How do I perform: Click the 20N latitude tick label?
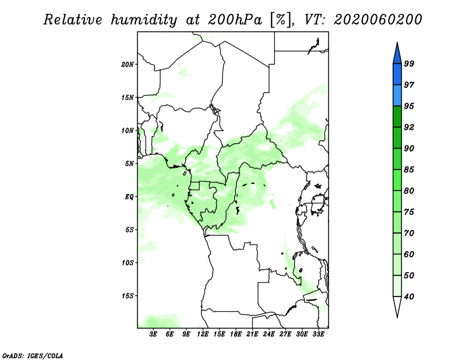[128, 64]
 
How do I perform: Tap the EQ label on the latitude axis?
[129, 196]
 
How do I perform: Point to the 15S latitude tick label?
[128, 296]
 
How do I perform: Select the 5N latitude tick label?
[129, 164]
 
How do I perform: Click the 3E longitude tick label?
[153, 334]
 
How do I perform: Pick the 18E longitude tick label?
[236, 334]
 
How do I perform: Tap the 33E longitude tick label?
[318, 334]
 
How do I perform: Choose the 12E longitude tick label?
[203, 334]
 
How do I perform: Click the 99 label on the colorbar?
[409, 63]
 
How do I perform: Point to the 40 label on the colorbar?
[409, 297]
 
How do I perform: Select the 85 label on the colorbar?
[409, 170]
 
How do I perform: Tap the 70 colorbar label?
[409, 233]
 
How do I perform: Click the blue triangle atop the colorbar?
[397, 55]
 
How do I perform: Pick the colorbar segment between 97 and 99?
[397, 75]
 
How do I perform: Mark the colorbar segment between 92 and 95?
[397, 117]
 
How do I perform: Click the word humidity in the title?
[144, 20]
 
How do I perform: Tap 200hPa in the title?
[235, 20]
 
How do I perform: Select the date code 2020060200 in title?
[377, 20]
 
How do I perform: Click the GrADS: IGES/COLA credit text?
[33, 355]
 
